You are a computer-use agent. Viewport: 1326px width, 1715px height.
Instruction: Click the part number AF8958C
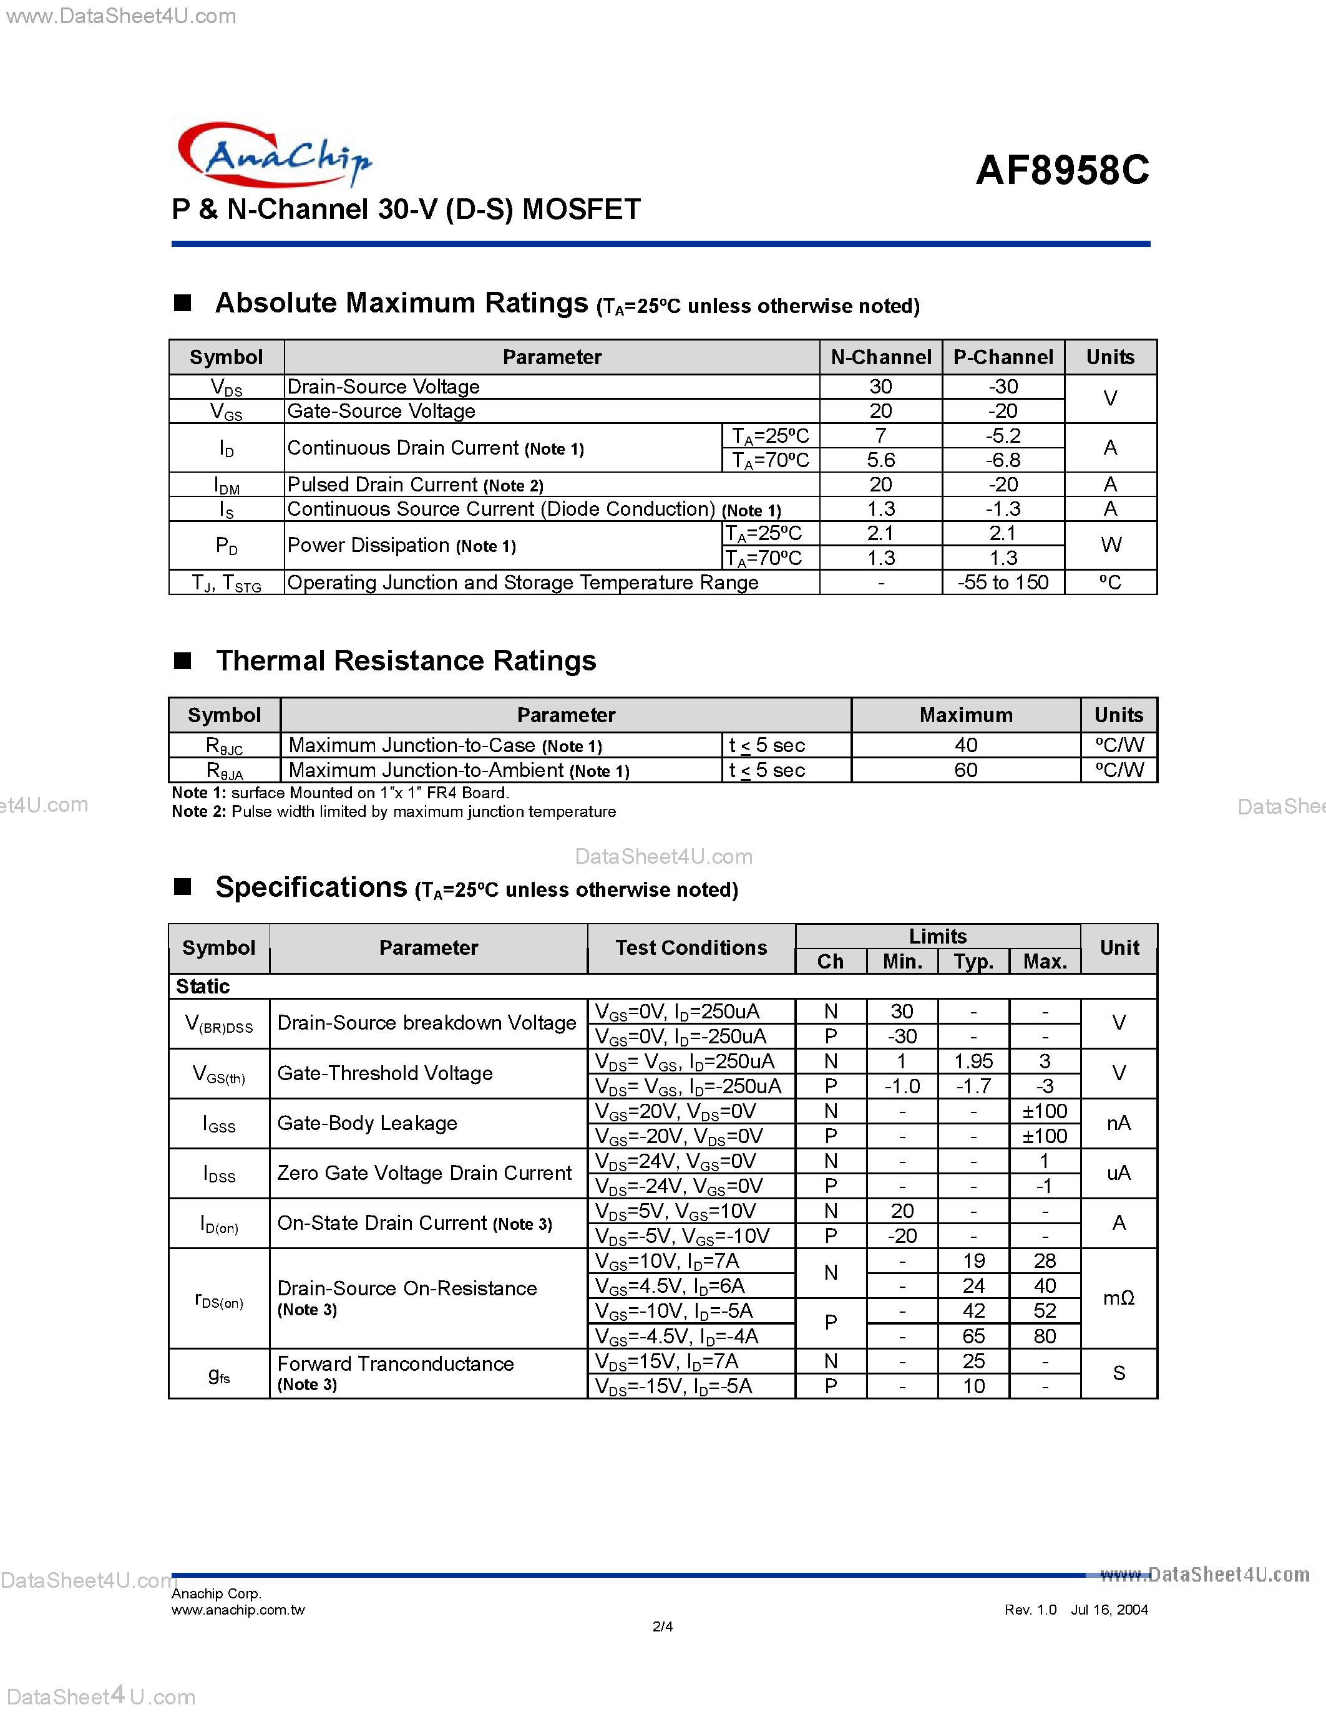[1062, 170]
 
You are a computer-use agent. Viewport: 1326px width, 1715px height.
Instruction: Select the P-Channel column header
[1003, 357]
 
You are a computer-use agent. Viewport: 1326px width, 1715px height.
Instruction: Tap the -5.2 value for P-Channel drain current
[1003, 436]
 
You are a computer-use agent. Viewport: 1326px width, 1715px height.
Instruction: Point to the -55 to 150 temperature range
[1003, 582]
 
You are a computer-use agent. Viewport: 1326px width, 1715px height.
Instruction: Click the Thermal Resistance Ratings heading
[406, 661]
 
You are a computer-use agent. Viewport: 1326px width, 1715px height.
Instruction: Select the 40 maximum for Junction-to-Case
[965, 745]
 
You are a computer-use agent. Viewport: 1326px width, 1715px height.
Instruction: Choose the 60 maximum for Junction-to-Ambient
[965, 770]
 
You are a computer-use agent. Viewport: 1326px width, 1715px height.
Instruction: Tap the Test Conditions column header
[691, 948]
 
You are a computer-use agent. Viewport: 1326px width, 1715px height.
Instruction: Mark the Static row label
[203, 987]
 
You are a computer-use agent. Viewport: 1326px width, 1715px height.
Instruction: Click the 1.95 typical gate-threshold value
[973, 1061]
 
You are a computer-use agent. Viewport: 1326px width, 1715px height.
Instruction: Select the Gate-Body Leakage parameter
[367, 1123]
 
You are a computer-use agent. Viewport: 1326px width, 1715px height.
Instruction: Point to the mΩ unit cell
[1119, 1298]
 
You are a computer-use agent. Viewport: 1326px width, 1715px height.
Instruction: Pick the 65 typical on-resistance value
[973, 1336]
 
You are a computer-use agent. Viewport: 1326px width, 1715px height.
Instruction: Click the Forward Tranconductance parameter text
[395, 1364]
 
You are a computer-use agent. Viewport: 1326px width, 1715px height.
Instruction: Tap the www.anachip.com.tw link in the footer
[238, 1610]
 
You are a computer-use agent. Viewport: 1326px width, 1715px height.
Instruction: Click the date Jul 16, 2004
[1109, 1610]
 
